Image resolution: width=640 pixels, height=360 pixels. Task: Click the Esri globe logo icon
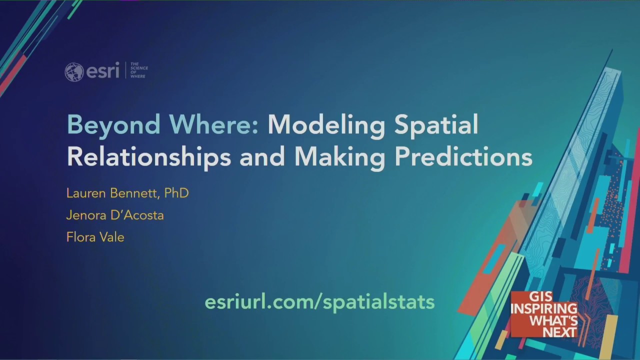click(x=74, y=71)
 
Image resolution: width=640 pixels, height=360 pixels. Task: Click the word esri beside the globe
click(x=102, y=71)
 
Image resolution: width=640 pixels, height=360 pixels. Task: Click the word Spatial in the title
click(x=436, y=125)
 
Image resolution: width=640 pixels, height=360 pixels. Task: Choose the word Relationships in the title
click(x=148, y=156)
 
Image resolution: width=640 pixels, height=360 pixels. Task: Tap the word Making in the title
click(x=340, y=156)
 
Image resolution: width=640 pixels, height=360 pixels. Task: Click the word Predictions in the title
click(x=463, y=156)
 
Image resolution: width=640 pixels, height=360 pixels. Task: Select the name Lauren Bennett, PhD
click(x=127, y=193)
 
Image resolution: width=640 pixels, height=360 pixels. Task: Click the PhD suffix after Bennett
click(x=176, y=193)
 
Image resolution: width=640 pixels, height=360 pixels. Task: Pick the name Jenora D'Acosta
click(x=115, y=215)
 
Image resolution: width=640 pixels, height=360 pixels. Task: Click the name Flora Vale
click(x=95, y=237)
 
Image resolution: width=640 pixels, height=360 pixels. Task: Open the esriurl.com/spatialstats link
click(x=319, y=301)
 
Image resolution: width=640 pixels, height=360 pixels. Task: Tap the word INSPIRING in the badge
click(x=543, y=308)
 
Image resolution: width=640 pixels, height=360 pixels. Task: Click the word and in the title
click(x=262, y=156)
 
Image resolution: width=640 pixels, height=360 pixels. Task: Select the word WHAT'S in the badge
click(x=553, y=320)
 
